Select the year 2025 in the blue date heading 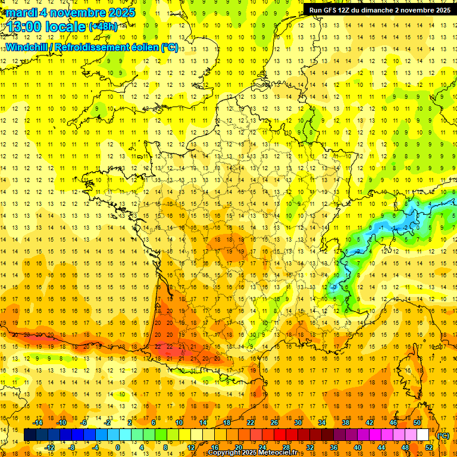point(120,12)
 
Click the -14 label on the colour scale point(38,422)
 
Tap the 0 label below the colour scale point(118,447)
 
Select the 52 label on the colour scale point(429,447)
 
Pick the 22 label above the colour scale point(250,422)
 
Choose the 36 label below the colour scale point(334,447)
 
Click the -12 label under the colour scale point(50,447)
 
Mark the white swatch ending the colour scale point(423,435)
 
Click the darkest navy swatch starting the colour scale point(30,435)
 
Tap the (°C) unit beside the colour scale point(443,435)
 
